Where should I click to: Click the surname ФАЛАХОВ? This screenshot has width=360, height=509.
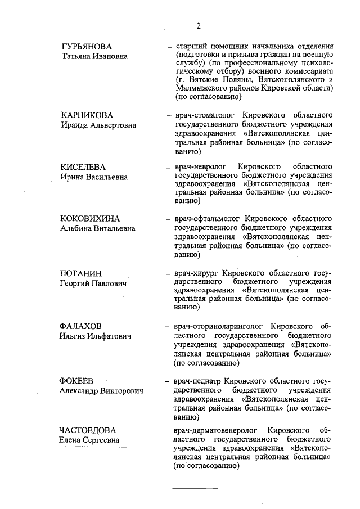coord(82,326)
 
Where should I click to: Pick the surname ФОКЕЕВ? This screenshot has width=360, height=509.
coord(76,381)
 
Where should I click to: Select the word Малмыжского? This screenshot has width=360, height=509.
coord(200,88)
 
